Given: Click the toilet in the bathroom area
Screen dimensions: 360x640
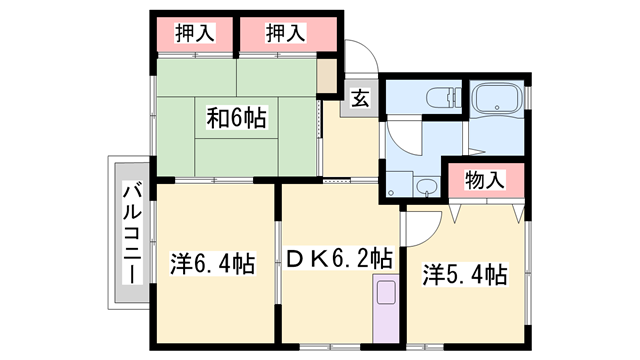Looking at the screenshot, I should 437,98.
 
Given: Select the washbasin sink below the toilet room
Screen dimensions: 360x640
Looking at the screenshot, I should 427,186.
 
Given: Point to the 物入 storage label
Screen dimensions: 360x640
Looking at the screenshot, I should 485,181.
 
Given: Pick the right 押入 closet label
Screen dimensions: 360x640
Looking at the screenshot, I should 285,33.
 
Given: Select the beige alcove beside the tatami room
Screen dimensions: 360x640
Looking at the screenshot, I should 328,75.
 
